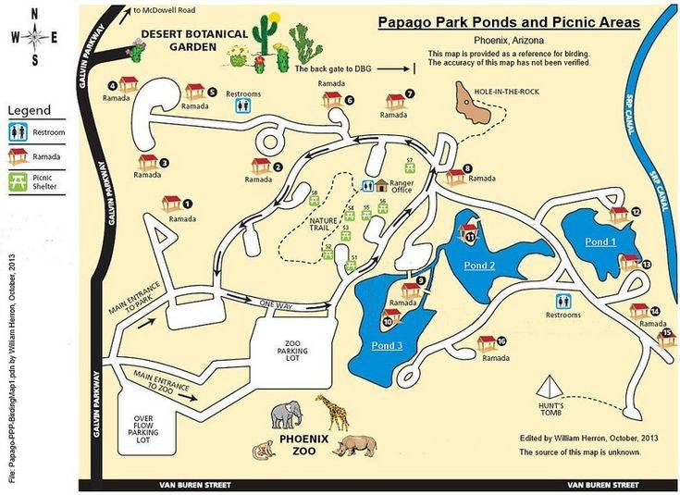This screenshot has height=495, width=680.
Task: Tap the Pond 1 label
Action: point(600,241)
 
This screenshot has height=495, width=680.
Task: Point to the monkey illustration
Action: point(264,451)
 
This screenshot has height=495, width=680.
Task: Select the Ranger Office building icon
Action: point(379,186)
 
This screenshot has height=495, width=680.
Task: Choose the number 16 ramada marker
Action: point(488,343)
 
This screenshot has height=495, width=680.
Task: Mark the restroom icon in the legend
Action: point(19,132)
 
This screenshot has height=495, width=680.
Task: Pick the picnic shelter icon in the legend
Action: point(19,181)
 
